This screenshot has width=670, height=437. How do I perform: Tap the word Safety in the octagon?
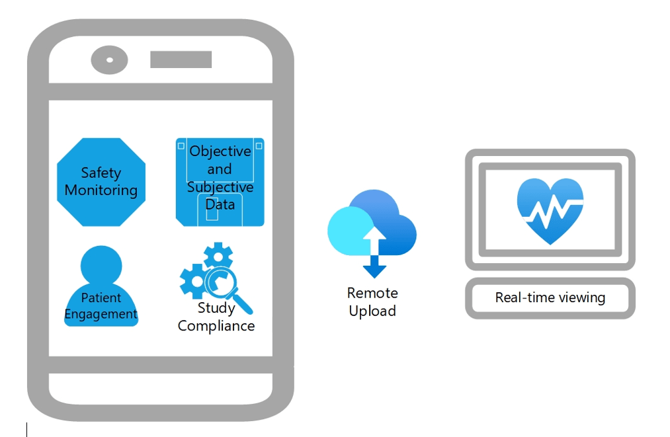101,173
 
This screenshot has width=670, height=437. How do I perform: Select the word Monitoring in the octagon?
101,190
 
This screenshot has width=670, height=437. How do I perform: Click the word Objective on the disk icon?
220,151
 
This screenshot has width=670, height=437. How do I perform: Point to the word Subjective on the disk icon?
220,187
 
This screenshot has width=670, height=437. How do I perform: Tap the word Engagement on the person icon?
101,314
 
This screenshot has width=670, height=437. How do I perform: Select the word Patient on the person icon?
101,298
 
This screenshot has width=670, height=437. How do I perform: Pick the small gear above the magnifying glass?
217,255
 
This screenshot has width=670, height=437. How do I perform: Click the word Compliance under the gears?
216,326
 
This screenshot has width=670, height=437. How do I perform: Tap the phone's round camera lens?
109,60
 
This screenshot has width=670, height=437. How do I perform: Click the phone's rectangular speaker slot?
181,60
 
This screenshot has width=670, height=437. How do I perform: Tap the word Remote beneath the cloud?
372,293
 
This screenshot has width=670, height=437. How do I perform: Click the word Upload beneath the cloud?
372,311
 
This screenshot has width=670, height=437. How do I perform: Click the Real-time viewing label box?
550,298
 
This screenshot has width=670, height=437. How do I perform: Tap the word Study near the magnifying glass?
216,308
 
